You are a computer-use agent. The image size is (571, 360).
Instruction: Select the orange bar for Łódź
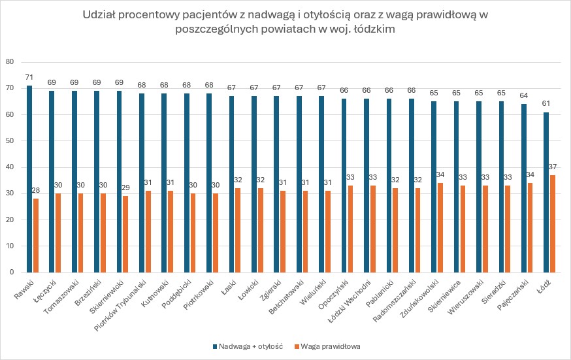(x=553, y=223)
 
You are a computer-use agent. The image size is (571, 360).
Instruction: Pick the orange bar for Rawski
(x=37, y=235)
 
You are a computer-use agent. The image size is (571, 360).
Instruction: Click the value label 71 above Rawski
(x=29, y=78)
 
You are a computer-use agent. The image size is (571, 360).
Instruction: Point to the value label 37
(x=553, y=167)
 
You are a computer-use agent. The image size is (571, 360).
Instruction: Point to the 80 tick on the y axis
(x=10, y=62)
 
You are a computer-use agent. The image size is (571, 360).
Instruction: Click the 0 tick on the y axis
(x=12, y=272)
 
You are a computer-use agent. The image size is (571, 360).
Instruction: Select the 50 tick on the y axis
(x=10, y=140)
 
